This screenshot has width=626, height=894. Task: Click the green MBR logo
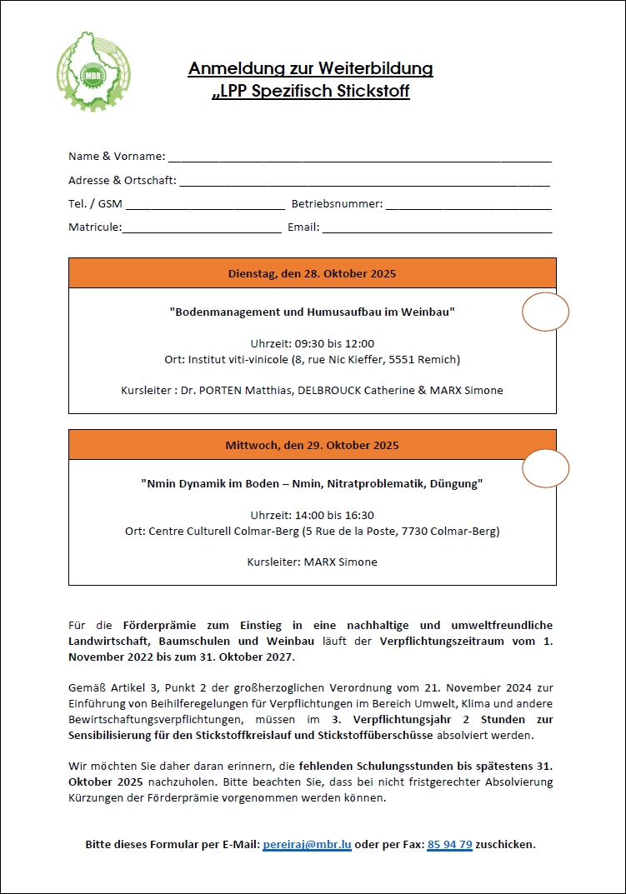(x=83, y=72)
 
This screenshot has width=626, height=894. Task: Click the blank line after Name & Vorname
(x=359, y=156)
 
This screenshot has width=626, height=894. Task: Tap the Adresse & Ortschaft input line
(x=364, y=180)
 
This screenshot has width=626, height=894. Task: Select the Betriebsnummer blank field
(x=468, y=203)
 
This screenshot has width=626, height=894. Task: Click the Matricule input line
(x=202, y=227)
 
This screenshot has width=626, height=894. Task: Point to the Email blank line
(x=437, y=227)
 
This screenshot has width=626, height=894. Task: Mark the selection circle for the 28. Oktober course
(x=545, y=312)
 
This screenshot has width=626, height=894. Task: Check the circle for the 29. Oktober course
(x=545, y=468)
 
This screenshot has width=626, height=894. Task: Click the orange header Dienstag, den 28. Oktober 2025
(x=312, y=273)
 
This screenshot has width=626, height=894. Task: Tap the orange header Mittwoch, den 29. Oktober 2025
(x=312, y=445)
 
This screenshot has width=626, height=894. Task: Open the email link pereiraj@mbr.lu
(x=307, y=844)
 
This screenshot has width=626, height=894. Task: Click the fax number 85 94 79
(x=450, y=844)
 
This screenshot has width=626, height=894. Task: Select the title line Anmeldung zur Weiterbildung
(x=311, y=68)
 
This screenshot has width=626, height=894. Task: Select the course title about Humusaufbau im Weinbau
(x=312, y=312)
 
